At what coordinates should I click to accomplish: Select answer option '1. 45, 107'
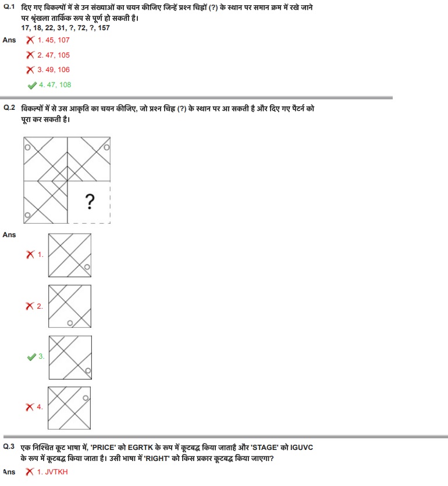coord(54,40)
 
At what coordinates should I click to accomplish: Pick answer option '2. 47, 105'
coord(54,55)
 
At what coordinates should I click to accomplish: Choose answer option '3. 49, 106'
coord(54,70)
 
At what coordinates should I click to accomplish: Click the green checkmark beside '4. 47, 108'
coord(32,85)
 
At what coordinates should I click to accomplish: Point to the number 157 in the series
coord(103,28)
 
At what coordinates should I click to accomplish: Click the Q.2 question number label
coord(9,108)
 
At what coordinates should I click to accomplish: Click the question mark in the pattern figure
coord(90,202)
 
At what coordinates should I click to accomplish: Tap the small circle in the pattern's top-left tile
coord(27,148)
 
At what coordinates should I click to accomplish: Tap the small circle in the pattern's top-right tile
coord(106,148)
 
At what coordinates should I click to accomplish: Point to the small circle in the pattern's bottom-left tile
coord(27,216)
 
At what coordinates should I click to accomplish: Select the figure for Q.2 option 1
coord(70,255)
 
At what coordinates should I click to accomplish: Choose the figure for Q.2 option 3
coord(70,356)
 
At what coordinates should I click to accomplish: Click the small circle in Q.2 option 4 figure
coord(86,398)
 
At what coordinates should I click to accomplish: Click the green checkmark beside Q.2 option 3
coord(31,357)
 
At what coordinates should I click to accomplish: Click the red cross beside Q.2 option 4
coord(30,407)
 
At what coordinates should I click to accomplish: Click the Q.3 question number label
coord(9,446)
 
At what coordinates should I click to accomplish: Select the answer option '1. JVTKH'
coord(52,472)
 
